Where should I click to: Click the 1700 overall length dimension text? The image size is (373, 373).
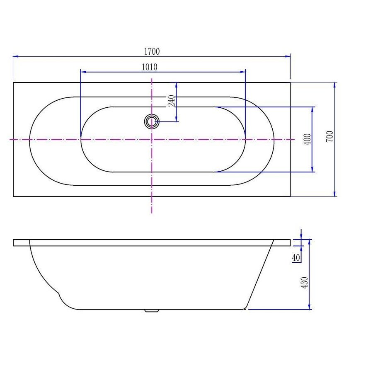pyautogui.click(x=152, y=51)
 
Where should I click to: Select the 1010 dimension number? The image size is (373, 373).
pyautogui.click(x=150, y=67)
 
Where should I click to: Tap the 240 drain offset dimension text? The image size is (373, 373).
pyautogui.click(x=172, y=101)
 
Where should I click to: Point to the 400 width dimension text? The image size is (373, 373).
pyautogui.click(x=307, y=139)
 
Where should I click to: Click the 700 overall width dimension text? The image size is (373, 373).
pyautogui.click(x=329, y=136)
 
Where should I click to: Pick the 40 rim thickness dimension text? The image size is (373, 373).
pyautogui.click(x=295, y=258)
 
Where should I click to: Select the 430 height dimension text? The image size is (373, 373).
pyautogui.click(x=305, y=283)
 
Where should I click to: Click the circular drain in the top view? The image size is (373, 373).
pyautogui.click(x=152, y=122)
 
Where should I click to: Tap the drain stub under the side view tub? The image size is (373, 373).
pyautogui.click(x=151, y=310)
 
